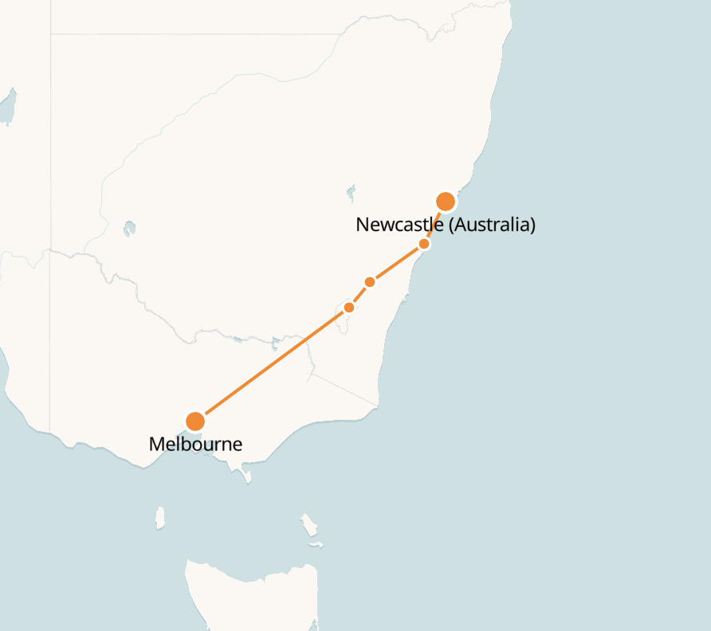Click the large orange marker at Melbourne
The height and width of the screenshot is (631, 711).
195,421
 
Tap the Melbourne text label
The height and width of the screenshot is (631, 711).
195,445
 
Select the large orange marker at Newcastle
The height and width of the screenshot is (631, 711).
446,201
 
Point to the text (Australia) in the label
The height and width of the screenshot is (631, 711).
492,225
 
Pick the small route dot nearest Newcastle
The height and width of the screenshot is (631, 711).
424,244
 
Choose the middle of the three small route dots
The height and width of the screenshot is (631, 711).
369,282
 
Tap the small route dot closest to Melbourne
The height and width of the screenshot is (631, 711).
349,308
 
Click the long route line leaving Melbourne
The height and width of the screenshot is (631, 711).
271,365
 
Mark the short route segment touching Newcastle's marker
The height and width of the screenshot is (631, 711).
434,224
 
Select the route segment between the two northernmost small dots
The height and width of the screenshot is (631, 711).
397,263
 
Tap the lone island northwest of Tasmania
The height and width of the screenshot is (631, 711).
160,517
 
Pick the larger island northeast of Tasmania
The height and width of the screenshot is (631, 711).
308,525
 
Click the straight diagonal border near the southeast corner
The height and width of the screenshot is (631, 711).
343,389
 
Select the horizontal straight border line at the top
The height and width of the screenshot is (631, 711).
199,34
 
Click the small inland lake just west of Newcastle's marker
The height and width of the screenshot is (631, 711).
351,192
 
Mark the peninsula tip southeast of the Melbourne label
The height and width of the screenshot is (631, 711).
247,479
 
